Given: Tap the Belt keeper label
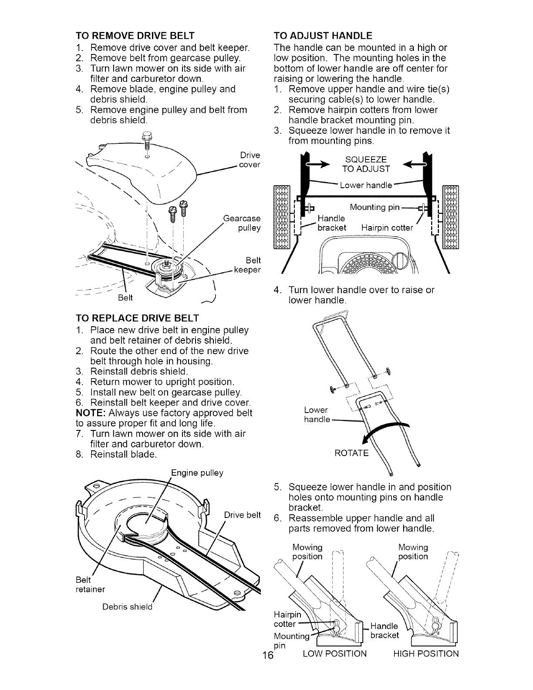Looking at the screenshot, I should [x=247, y=265].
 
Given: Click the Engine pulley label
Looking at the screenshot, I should [x=197, y=473].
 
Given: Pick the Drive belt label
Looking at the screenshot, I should [x=242, y=515].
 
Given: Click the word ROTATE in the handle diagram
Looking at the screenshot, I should [x=351, y=453].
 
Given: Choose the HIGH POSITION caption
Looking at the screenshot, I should [x=425, y=653].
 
